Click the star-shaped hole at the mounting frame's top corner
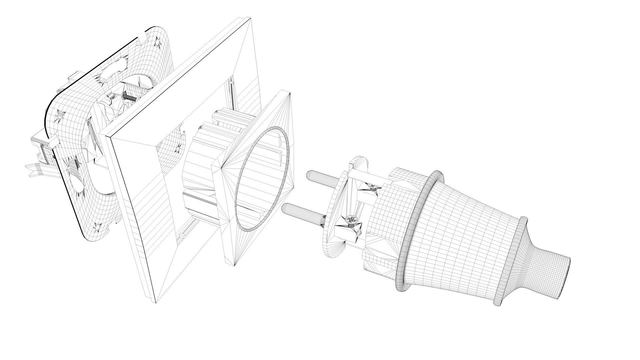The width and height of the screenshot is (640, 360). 156,42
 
